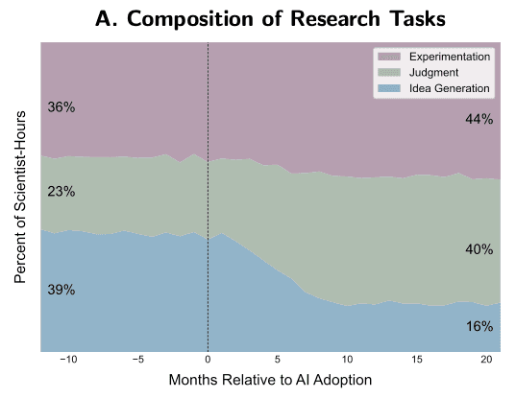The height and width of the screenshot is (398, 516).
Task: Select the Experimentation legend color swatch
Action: (388, 57)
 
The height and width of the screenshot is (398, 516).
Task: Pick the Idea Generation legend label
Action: (449, 88)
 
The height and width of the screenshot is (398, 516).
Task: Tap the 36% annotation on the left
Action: (61, 107)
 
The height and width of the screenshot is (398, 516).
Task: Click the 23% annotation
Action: (61, 191)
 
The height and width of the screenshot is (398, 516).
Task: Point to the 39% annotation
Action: (61, 290)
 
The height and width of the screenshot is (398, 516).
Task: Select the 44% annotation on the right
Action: (479, 119)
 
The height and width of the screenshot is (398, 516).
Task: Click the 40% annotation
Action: (479, 249)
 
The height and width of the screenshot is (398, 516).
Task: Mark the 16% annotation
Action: (479, 326)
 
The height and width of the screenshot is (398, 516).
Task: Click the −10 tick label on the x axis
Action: (68, 360)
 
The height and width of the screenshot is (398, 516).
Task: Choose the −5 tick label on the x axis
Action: (138, 360)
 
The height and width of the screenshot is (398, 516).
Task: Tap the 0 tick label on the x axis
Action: (208, 360)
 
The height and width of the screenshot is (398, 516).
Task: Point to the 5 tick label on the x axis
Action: (278, 360)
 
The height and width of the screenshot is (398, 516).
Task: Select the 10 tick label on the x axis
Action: (347, 360)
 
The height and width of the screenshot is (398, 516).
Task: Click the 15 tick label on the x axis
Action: (417, 360)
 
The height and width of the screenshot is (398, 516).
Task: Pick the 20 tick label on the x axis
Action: (486, 360)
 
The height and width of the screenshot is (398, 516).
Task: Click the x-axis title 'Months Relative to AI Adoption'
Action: (270, 381)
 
